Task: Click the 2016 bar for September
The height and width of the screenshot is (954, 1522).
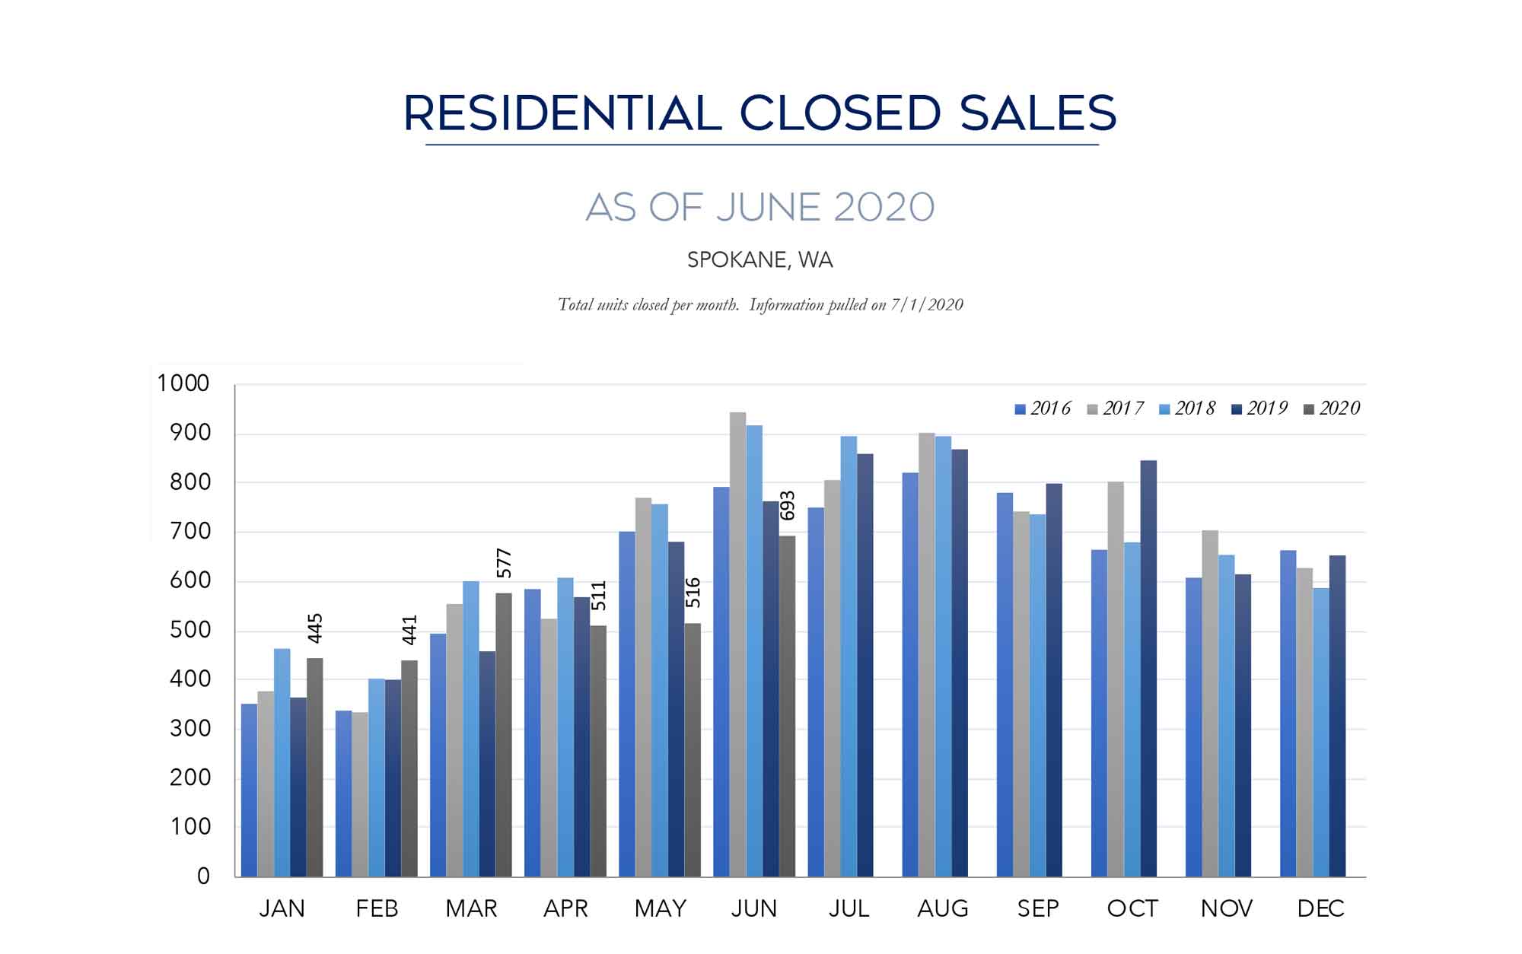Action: click(x=1005, y=685)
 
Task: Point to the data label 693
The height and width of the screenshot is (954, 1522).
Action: click(x=788, y=506)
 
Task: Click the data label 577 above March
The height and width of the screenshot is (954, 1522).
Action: click(x=504, y=564)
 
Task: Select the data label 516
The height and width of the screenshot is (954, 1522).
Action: click(x=693, y=593)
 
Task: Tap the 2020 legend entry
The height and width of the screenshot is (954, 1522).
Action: click(x=1332, y=409)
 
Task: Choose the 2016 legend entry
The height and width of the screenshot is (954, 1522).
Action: click(x=1043, y=409)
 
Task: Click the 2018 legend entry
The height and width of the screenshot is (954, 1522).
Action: click(x=1188, y=409)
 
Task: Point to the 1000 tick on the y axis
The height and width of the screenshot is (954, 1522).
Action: click(x=183, y=383)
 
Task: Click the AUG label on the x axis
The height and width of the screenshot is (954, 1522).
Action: click(x=943, y=908)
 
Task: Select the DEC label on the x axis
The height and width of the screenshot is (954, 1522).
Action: click(x=1320, y=908)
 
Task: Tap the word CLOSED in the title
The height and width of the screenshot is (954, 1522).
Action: click(x=840, y=113)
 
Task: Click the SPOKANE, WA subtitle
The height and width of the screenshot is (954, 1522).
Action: click(x=759, y=260)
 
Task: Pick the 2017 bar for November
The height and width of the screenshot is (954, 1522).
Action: click(x=1210, y=704)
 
